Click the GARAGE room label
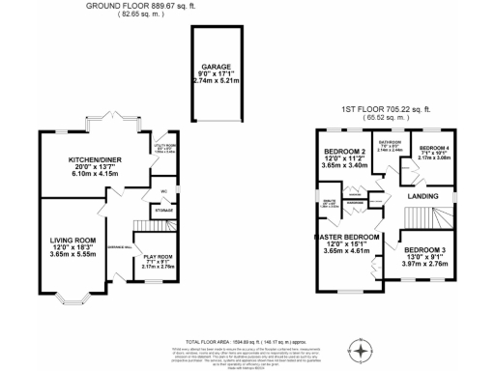tap(216, 68)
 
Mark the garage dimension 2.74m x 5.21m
tap(216, 82)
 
